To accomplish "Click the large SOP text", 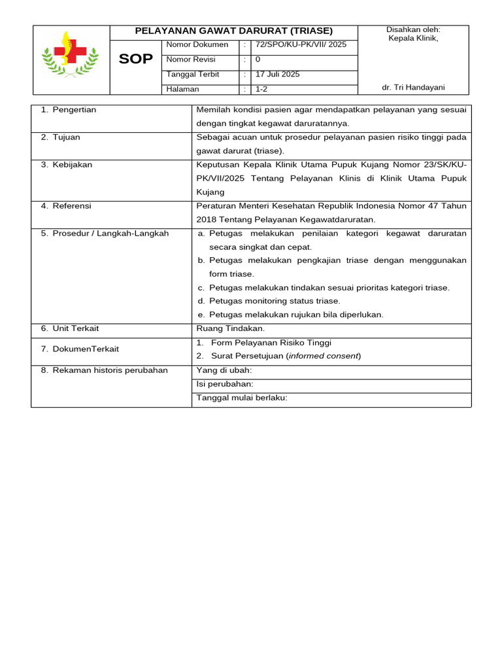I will (136, 60).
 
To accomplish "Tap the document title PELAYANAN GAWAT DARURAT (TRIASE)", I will (233, 31).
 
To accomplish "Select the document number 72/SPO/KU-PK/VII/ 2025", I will (301, 45).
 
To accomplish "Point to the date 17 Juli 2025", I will (278, 75).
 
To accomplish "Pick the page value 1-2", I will (261, 89).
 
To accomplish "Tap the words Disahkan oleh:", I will (413, 29).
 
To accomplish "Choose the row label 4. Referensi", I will (66, 205).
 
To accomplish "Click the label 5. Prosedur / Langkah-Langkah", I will (105, 234).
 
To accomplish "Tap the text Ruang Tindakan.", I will (231, 328).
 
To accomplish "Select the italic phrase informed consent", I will (323, 356).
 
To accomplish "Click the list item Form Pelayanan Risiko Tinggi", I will (271, 343).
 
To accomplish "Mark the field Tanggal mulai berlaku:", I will (242, 398).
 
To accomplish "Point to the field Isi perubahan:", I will (225, 384).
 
